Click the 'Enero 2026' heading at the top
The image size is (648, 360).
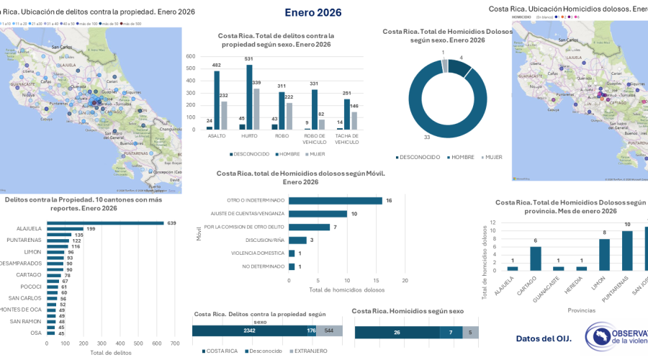tap(312, 12)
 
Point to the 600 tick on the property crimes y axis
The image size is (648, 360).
tap(191, 56)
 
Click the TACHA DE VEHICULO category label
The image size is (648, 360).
tap(346, 139)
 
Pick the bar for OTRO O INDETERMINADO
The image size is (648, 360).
tap(335, 200)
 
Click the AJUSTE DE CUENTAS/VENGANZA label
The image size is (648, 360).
tap(248, 214)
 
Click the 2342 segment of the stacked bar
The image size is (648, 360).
tap(248, 331)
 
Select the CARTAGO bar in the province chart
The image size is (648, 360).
tap(535, 258)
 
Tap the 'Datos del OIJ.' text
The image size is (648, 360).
tap(544, 338)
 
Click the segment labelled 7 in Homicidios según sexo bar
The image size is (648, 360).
tap(451, 333)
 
